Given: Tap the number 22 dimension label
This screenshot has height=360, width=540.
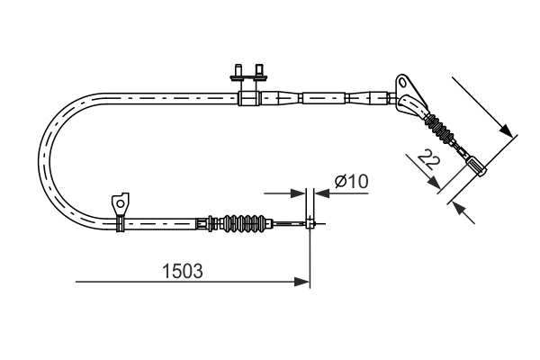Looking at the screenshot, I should coord(429,162).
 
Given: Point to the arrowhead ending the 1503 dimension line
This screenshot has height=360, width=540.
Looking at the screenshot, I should coord(303,283).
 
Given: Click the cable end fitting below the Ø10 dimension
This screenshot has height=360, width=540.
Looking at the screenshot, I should coord(310,223).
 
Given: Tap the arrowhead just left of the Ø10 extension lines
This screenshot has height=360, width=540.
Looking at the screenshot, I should coord(298,192).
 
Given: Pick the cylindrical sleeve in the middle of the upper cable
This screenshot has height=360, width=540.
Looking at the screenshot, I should coord(324,96).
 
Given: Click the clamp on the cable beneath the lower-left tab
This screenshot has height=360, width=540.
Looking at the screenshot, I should coord(119,222).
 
